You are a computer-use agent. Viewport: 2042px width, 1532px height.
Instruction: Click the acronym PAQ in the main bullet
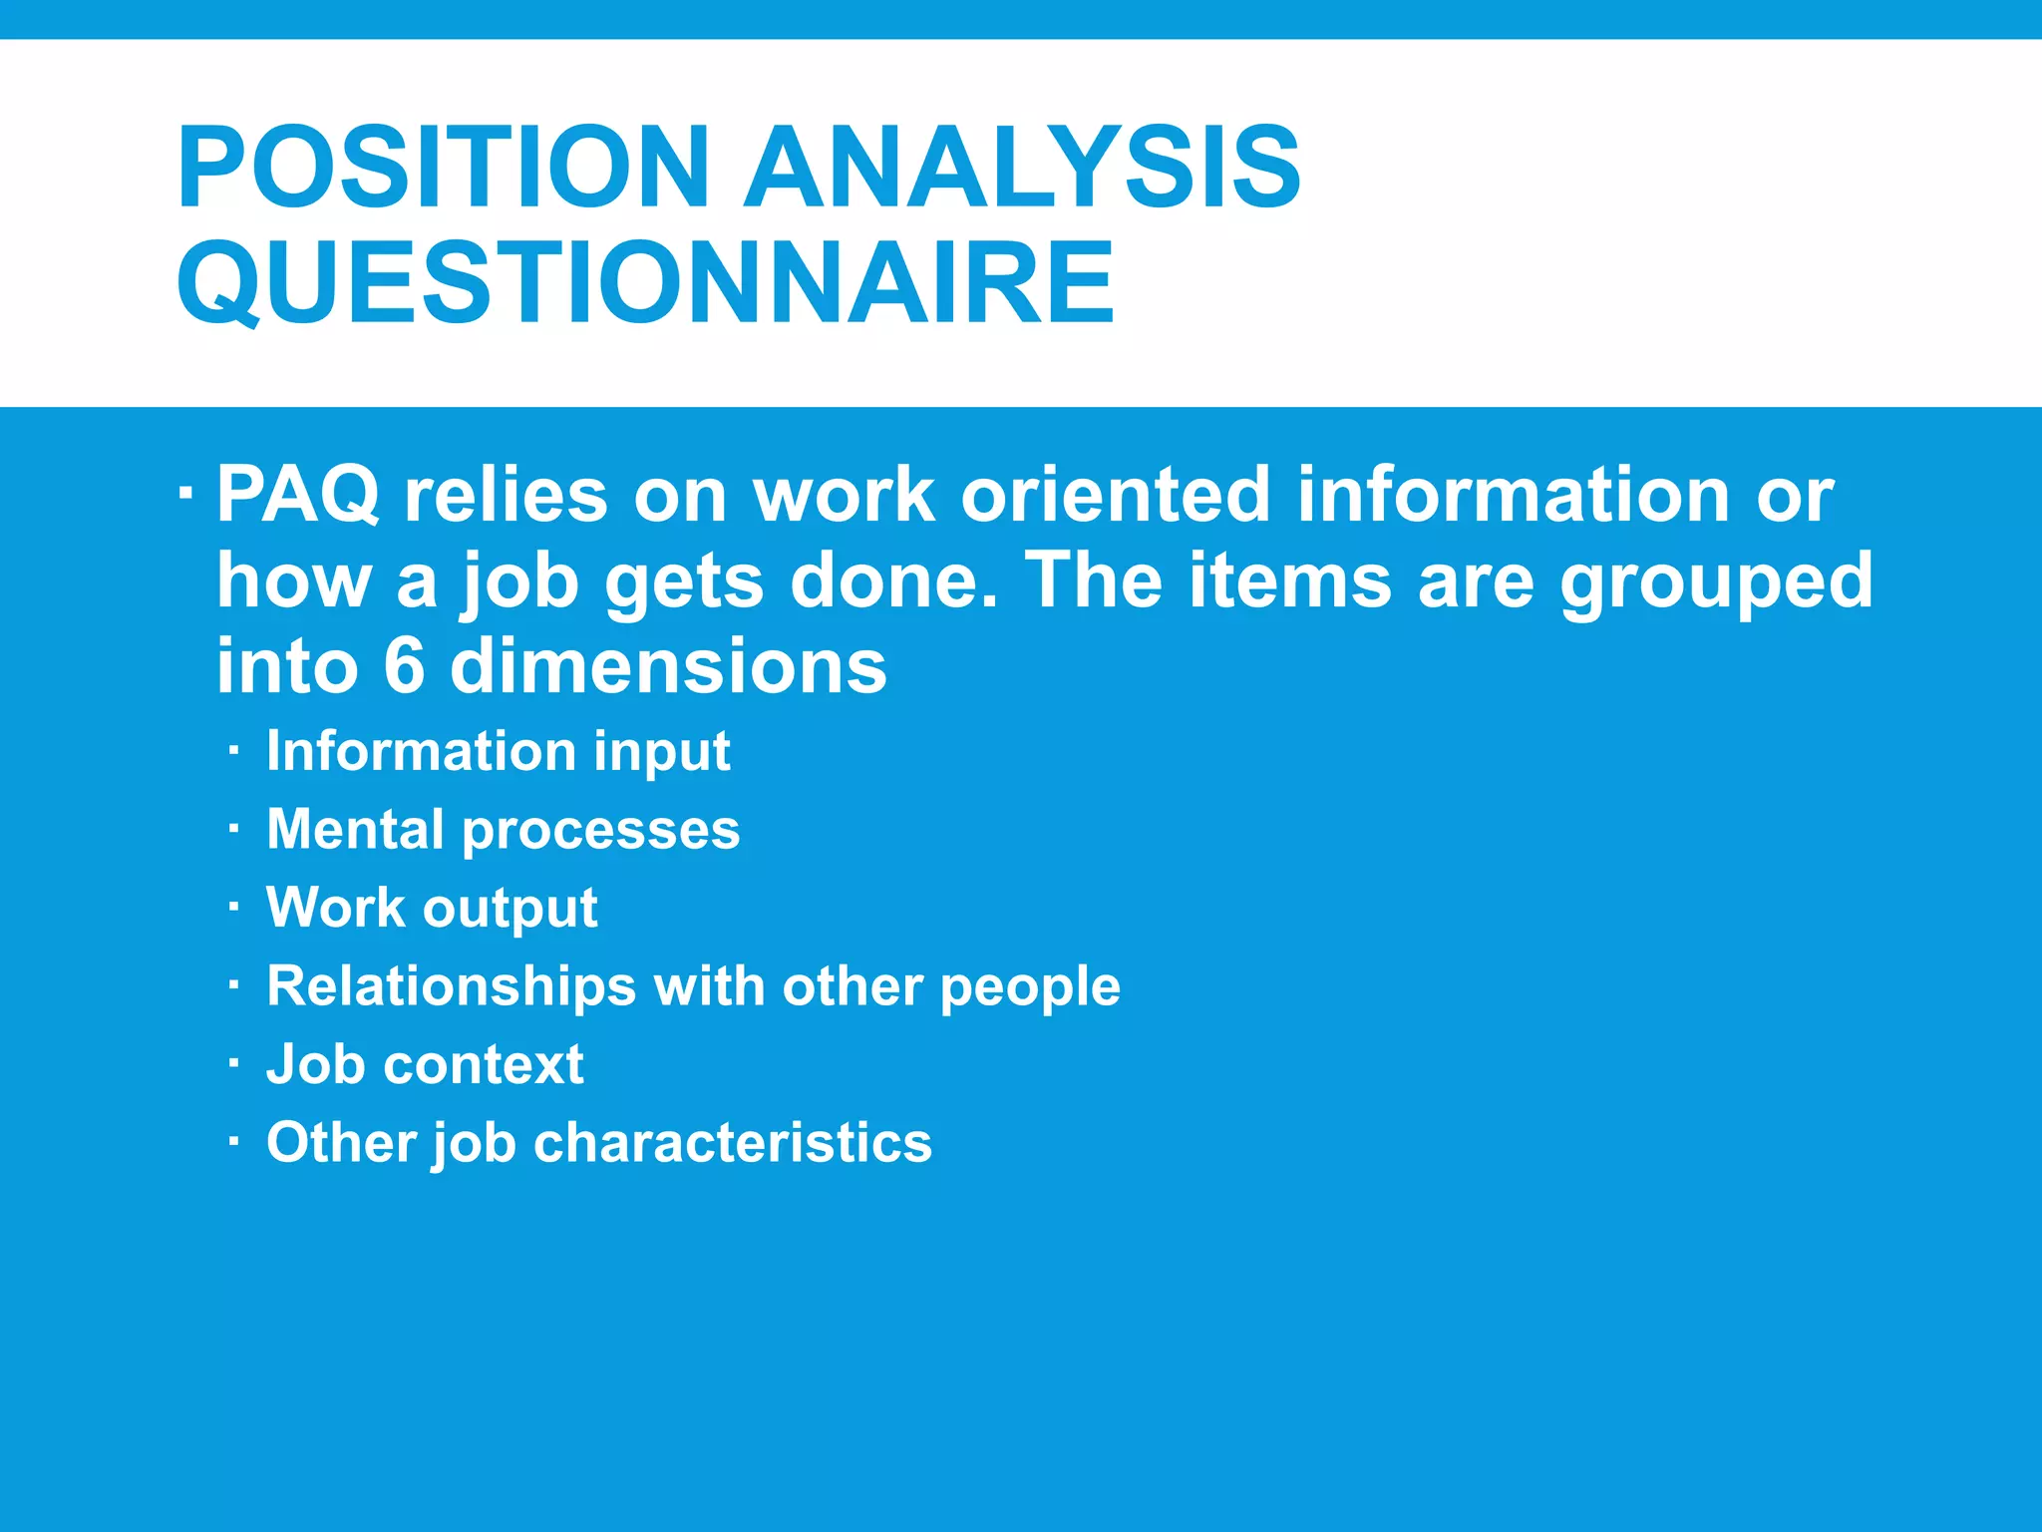pyautogui.click(x=298, y=495)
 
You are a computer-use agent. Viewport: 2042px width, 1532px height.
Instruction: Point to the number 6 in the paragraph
pyautogui.click(x=404, y=666)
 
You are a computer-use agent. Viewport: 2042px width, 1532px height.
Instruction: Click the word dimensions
pyautogui.click(x=668, y=666)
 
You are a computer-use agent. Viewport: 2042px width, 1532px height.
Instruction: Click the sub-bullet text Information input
pyautogui.click(x=498, y=751)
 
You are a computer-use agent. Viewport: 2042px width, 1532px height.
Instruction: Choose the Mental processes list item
pyautogui.click(x=503, y=830)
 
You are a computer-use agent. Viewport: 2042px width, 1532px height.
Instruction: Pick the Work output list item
pyautogui.click(x=432, y=908)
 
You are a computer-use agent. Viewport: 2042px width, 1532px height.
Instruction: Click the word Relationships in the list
pyautogui.click(x=451, y=986)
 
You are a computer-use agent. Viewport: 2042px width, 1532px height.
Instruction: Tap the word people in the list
pyautogui.click(x=1030, y=988)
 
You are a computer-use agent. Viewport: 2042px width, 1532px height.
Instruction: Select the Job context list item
pyautogui.click(x=425, y=1064)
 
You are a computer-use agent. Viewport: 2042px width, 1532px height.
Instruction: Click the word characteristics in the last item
pyautogui.click(x=733, y=1142)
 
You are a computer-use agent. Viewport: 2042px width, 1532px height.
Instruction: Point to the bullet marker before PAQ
pyautogui.click(x=185, y=494)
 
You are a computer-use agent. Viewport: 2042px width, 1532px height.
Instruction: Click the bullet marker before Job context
pyautogui.click(x=233, y=1064)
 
